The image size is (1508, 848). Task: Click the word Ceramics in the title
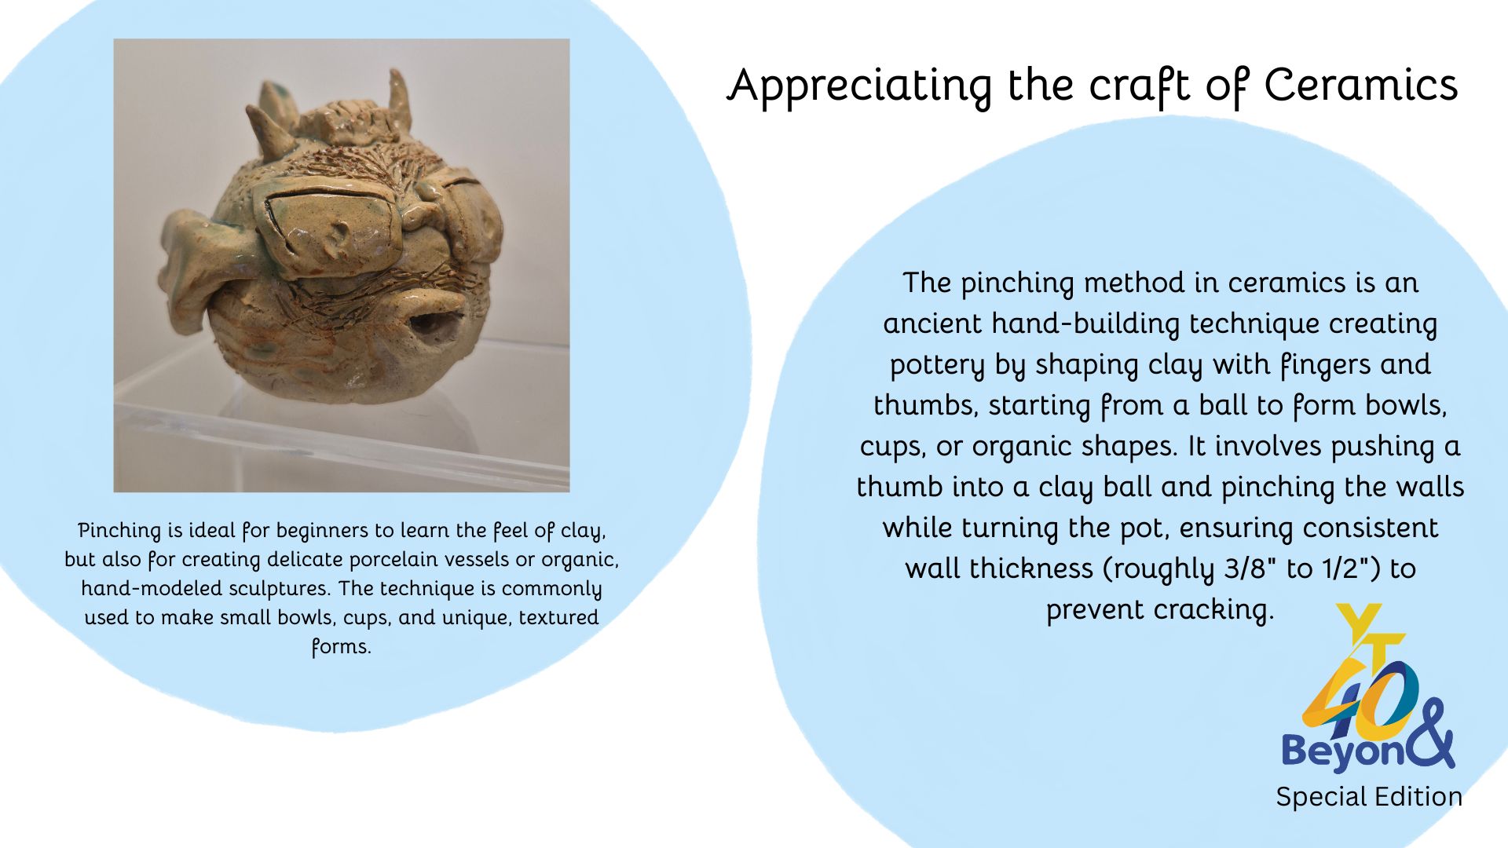(1361, 86)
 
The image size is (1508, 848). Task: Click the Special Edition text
(1369, 797)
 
